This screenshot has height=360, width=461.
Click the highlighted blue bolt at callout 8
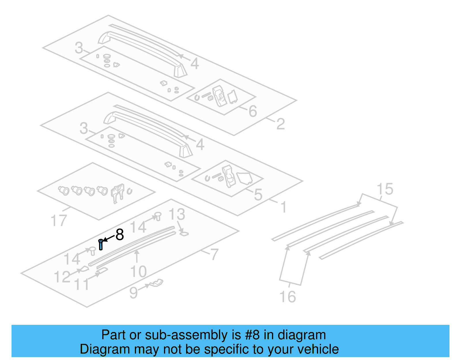(x=101, y=244)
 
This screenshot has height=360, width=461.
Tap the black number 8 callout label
(x=120, y=235)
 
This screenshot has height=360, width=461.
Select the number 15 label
(x=385, y=189)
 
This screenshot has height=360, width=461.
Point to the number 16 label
(x=288, y=297)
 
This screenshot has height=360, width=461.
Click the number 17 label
(x=58, y=221)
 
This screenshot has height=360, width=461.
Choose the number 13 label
(x=177, y=214)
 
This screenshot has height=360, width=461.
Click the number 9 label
(x=133, y=293)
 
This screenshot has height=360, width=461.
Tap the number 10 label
(x=138, y=272)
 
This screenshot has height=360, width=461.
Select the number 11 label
(x=82, y=284)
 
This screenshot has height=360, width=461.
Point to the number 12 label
(x=62, y=277)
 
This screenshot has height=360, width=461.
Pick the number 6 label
(x=253, y=111)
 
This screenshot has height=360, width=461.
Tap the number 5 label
(x=258, y=195)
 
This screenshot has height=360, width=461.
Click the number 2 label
(x=280, y=124)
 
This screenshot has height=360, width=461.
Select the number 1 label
(x=284, y=207)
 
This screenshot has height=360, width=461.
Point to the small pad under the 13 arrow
(x=184, y=233)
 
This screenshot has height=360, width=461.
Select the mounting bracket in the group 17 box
(x=118, y=193)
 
